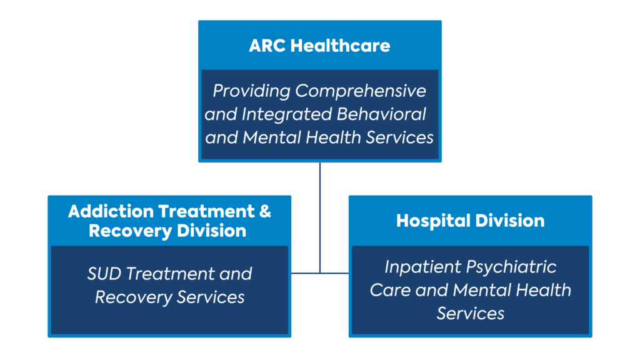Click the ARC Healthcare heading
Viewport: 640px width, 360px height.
point(319,46)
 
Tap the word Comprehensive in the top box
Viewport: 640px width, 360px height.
point(361,91)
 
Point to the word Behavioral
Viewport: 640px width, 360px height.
point(381,114)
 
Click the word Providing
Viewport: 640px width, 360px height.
point(251,91)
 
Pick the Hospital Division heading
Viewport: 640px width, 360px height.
point(470,221)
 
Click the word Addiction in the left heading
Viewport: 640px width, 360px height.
point(111,211)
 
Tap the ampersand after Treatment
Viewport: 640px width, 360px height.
point(265,211)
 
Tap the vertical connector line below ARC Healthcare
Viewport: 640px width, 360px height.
point(320,217)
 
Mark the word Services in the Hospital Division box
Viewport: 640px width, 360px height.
point(470,314)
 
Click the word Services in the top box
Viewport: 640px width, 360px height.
point(399,137)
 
